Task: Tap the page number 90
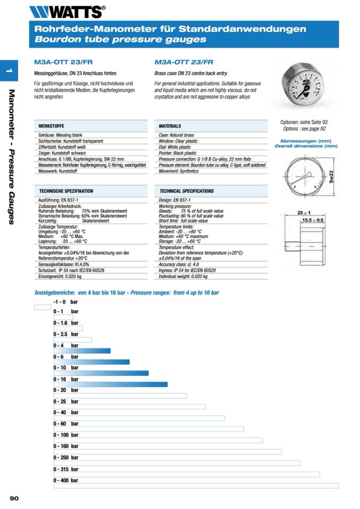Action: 14,498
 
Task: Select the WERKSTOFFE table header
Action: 52,126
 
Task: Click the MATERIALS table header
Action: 170,126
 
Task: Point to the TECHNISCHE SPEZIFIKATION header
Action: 66,191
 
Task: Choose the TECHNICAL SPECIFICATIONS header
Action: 186,191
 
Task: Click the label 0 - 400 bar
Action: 66,480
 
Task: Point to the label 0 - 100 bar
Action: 66,435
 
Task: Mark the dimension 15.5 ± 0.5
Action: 313,220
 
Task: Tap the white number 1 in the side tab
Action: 9,71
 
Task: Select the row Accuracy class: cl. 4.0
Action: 179,264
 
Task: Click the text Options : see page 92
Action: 304,128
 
